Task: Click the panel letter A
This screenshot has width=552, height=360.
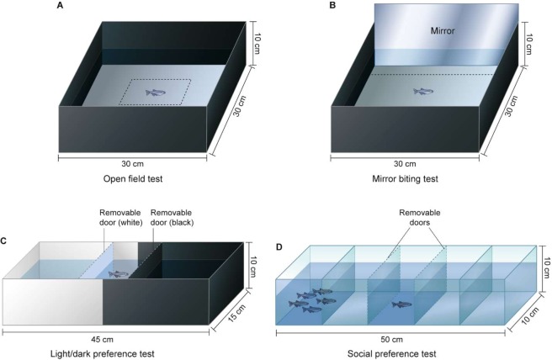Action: click(61, 7)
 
